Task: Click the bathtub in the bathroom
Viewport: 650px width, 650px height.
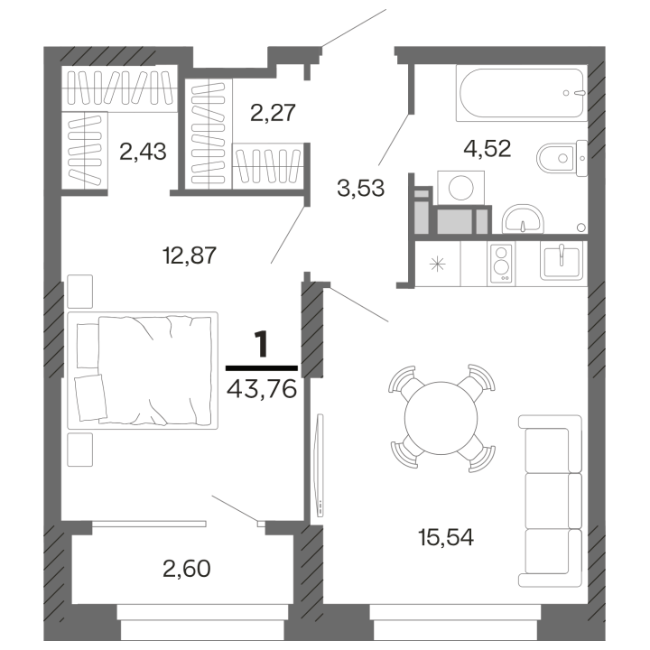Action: [x=522, y=93]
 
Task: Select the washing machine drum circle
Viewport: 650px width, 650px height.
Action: [x=461, y=188]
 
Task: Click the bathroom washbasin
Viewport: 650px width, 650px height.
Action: [x=523, y=218]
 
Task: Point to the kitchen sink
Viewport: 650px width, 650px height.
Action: [x=562, y=261]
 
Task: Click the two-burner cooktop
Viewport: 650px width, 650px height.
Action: [x=501, y=264]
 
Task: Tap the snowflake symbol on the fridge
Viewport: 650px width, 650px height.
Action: [x=437, y=264]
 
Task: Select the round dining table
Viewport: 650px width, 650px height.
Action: [x=441, y=418]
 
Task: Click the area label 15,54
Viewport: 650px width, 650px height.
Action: [x=446, y=538]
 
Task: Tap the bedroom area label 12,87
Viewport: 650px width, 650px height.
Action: [x=190, y=255]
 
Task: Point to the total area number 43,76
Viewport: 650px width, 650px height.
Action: [x=262, y=389]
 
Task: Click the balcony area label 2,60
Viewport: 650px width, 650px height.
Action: [x=187, y=569]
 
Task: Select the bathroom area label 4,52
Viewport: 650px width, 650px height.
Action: [x=487, y=148]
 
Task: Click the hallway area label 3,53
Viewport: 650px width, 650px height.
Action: [x=361, y=188]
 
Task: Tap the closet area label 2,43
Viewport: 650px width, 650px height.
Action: [x=143, y=152]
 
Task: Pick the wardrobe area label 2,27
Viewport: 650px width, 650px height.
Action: [x=273, y=113]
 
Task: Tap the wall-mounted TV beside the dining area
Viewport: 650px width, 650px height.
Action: [x=320, y=465]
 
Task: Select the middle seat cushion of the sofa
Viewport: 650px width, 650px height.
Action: [x=553, y=500]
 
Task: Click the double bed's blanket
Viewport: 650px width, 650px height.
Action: [x=155, y=370]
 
